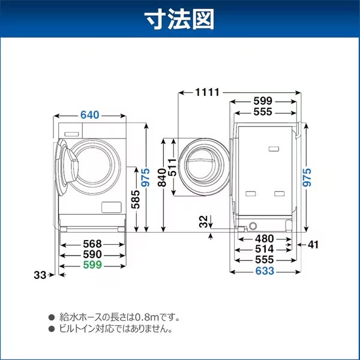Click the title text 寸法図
click(x=179, y=20)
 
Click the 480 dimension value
click(x=265, y=238)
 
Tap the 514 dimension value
click(x=265, y=248)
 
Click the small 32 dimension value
click(x=205, y=221)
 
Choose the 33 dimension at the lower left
click(x=40, y=275)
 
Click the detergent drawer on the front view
click(x=71, y=134)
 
